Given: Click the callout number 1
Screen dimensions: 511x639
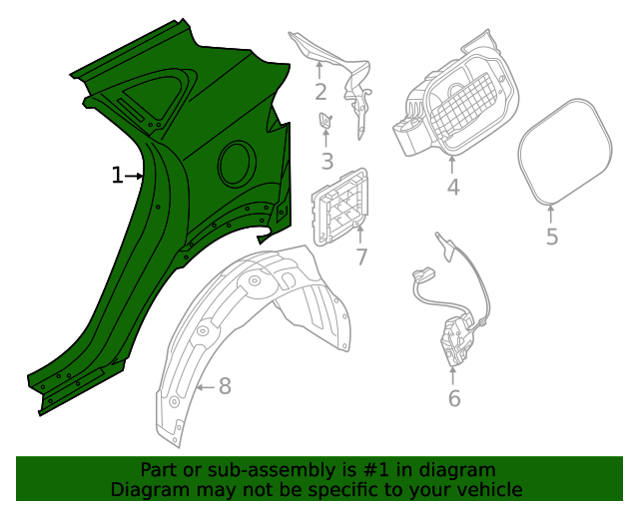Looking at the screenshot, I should pyautogui.click(x=117, y=177).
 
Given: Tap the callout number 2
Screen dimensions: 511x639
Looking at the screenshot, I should pyautogui.click(x=320, y=93).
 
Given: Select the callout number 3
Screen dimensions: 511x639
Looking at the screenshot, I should pyautogui.click(x=327, y=162).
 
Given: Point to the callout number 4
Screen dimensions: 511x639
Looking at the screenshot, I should pyautogui.click(x=452, y=186).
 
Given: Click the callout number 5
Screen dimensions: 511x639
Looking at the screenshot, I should pyautogui.click(x=552, y=237).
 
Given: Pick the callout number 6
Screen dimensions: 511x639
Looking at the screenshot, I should pyautogui.click(x=454, y=399).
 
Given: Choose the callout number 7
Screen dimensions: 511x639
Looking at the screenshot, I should pyautogui.click(x=360, y=256).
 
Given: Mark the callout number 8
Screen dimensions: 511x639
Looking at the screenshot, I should pyautogui.click(x=225, y=386).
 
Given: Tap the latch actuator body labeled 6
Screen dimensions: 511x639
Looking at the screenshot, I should pyautogui.click(x=459, y=339).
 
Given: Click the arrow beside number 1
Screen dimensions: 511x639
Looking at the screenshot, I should pyautogui.click(x=135, y=177).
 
